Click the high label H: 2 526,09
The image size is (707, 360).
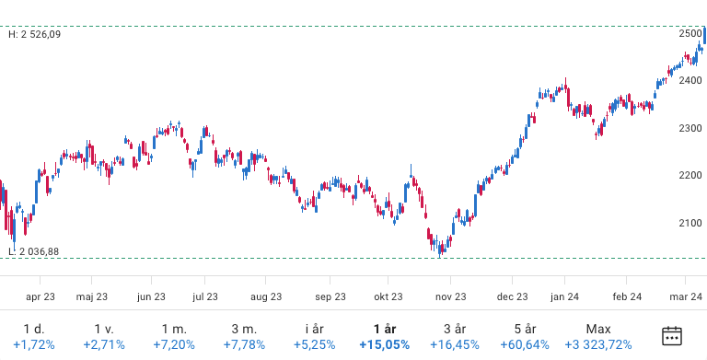(x=41, y=35)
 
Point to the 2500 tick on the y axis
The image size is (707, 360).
(x=690, y=33)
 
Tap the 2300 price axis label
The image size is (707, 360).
(x=690, y=128)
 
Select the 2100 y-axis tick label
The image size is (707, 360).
(x=690, y=223)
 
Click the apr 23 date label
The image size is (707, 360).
(x=41, y=296)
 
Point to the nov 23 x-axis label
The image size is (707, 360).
(x=450, y=296)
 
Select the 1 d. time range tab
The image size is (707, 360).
(x=33, y=329)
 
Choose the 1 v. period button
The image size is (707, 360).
(x=103, y=329)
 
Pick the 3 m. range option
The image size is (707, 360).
(x=244, y=329)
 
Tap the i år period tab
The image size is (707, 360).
(x=314, y=329)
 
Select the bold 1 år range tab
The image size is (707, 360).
(x=384, y=329)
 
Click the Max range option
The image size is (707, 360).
(x=598, y=329)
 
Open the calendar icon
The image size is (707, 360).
(x=673, y=336)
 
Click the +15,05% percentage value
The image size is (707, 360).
(x=384, y=345)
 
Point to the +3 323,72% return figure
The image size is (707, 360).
(x=598, y=345)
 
